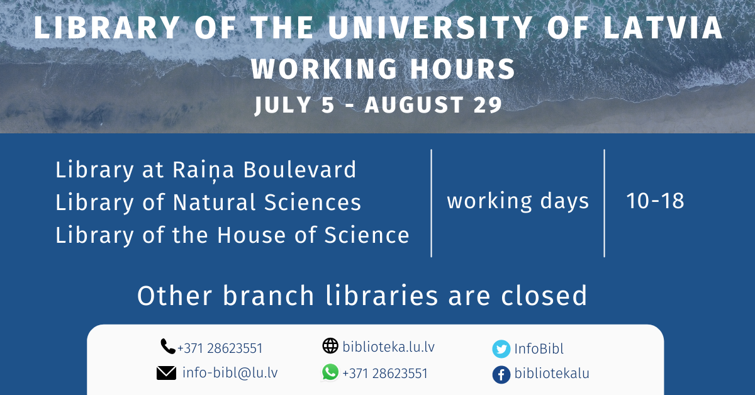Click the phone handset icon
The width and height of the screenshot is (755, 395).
[168, 347]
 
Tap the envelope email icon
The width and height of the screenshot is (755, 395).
[167, 373]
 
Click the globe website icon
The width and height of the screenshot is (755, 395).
[330, 346]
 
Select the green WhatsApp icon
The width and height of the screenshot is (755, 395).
[330, 372]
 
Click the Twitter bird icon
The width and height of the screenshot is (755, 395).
[501, 349]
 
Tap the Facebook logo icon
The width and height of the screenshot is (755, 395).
[501, 375]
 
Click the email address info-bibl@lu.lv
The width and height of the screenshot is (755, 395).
[230, 373]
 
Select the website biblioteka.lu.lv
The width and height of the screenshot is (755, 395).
[389, 347]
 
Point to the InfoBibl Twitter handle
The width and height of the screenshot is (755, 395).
[539, 349]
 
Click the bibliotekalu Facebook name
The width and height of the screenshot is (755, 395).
[552, 374]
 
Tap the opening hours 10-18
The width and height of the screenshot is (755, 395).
[655, 201]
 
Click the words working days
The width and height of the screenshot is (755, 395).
[518, 201]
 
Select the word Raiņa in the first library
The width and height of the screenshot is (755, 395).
[203, 170]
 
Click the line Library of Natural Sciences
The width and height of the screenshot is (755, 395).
[208, 203]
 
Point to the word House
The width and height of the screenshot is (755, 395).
[252, 235]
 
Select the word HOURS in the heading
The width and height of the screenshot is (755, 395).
[463, 69]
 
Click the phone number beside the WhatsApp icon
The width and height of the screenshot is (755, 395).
[385, 374]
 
